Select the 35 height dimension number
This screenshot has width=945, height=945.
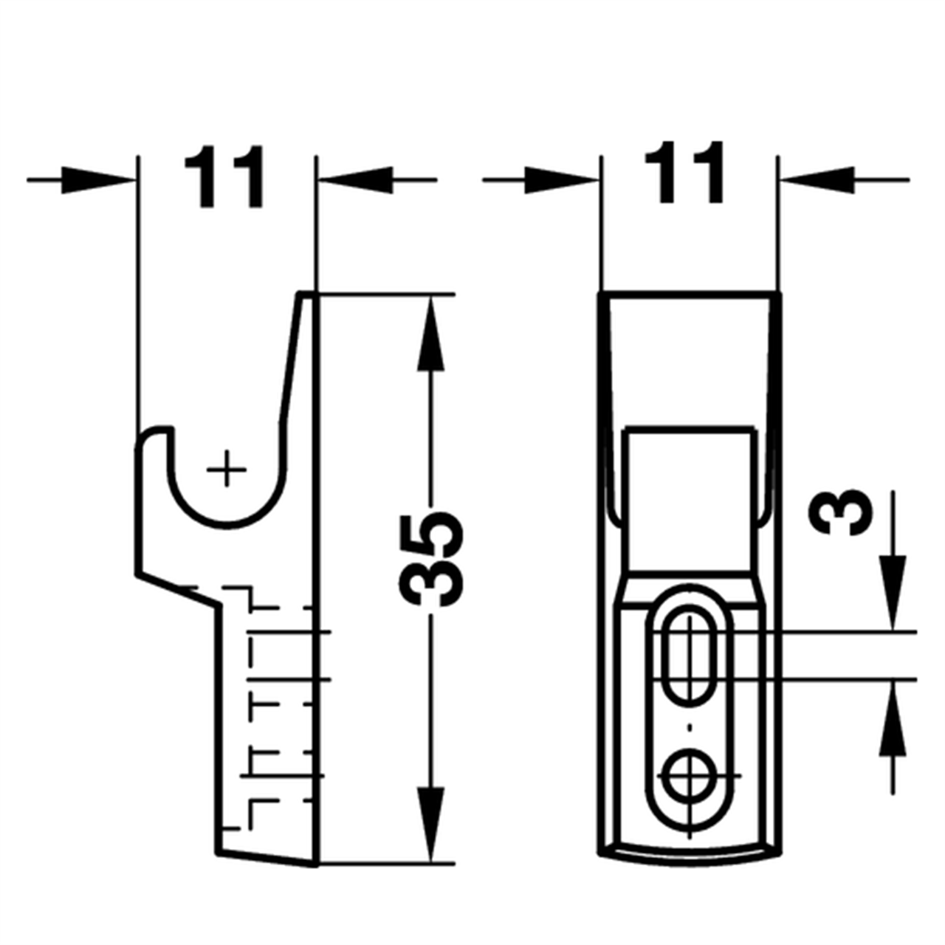[x=432, y=558]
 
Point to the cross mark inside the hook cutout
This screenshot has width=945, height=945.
[x=227, y=469]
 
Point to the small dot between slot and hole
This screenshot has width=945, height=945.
[x=690, y=728]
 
